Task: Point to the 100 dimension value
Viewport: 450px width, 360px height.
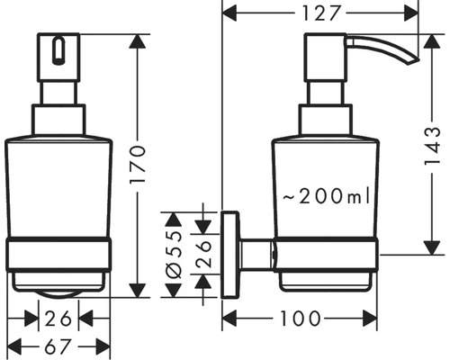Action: (x=300, y=318)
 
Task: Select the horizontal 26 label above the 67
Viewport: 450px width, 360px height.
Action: (x=58, y=318)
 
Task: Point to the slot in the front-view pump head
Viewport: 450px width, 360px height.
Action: (x=58, y=51)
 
